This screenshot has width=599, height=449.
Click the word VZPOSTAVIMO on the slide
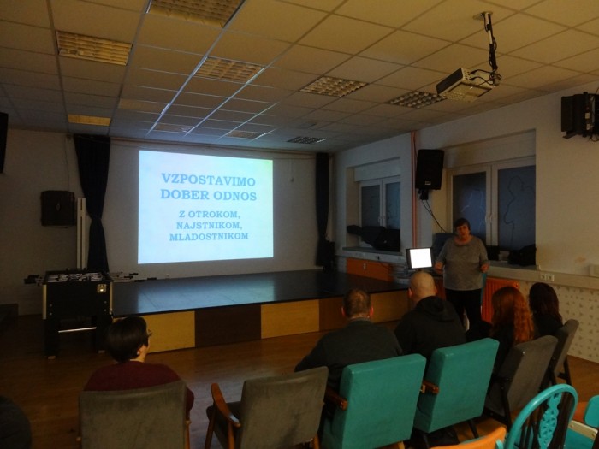point(208,179)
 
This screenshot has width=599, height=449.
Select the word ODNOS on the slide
point(235,196)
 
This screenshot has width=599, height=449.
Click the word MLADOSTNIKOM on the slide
point(209,237)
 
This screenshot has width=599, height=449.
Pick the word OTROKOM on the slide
point(214,214)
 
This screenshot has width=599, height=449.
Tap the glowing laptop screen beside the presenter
point(419,258)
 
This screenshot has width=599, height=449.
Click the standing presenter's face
point(461,228)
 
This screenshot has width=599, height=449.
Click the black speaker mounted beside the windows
point(430,170)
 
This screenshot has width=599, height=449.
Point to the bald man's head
point(422,285)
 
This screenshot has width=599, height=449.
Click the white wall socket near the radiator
point(547,277)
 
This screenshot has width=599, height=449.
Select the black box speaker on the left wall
point(58,208)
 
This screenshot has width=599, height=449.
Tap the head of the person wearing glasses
point(128,339)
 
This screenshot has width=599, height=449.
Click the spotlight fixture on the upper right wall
point(579,115)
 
